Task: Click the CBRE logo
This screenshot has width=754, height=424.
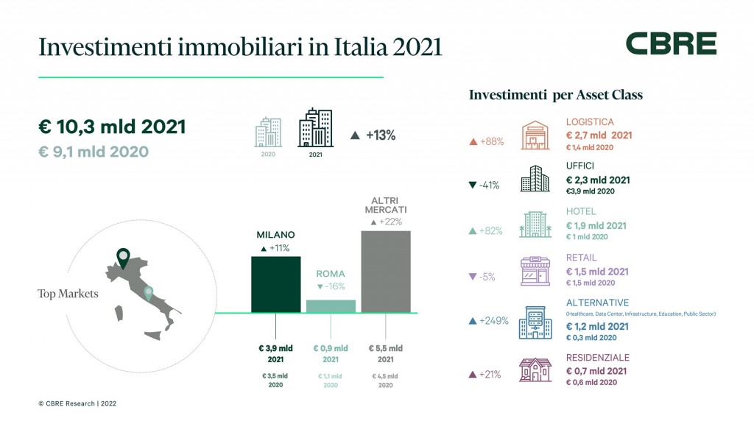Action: pos(671,43)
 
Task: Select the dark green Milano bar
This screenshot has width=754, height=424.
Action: pos(276,284)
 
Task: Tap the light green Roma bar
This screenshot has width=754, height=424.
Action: pos(331,305)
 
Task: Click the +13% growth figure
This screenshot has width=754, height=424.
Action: pos(373,135)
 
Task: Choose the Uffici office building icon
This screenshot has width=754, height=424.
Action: pos(535,179)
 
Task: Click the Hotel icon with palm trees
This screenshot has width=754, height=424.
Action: pos(535,225)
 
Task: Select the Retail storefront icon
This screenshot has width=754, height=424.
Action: pos(535,271)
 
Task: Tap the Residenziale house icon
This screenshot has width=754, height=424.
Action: pos(535,368)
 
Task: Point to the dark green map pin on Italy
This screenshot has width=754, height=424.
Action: pos(123,258)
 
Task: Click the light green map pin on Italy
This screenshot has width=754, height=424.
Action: pos(149,293)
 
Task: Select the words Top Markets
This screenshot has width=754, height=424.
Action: pos(68,294)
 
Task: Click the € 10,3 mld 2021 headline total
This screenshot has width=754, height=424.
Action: pos(111,126)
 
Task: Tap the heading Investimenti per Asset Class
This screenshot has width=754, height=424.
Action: pos(555,95)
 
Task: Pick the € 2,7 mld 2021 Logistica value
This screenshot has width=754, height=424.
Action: pos(598,135)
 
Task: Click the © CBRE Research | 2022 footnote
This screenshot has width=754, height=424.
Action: pos(77,403)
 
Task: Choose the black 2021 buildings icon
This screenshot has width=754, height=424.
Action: pos(315,129)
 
